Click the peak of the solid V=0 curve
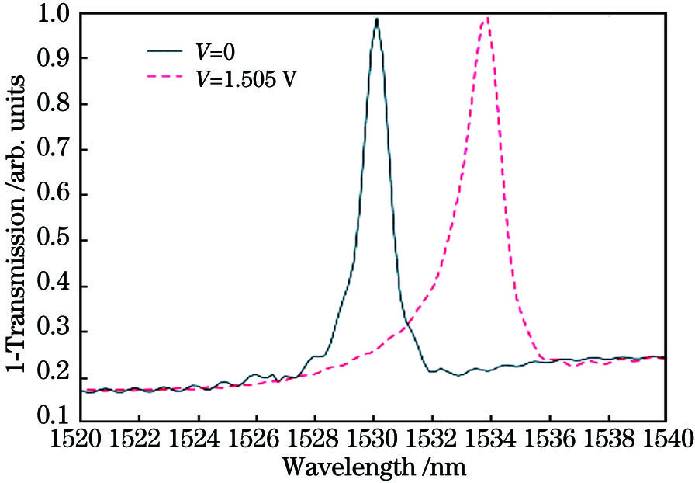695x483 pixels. pos(376,19)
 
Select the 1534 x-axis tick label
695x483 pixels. pos(490,440)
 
